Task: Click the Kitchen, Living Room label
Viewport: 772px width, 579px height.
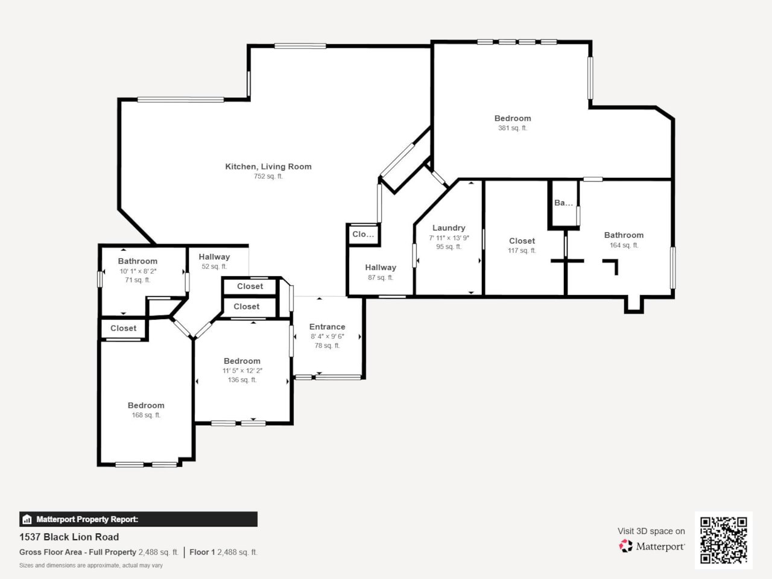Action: coord(268,166)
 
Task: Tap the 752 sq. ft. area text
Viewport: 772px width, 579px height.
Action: coord(268,177)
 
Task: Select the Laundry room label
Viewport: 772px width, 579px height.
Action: coord(449,228)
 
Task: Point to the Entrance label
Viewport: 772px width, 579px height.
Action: coord(327,327)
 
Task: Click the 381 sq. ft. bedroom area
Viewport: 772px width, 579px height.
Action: coord(512,128)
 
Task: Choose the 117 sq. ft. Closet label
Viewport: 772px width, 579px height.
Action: coord(522,241)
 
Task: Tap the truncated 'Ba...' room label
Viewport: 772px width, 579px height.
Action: coord(563,203)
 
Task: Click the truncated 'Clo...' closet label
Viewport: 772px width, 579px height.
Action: coord(363,235)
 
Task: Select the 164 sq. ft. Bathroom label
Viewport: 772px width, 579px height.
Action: coord(624,235)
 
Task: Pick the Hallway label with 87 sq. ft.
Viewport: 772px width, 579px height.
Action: coord(381,268)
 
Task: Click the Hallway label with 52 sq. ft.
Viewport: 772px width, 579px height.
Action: coord(214,257)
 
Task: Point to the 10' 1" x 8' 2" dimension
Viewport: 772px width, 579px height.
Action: coord(138,271)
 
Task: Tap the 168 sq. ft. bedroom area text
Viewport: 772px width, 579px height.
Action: coord(146,416)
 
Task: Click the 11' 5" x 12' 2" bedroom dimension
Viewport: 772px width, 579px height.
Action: coord(242,371)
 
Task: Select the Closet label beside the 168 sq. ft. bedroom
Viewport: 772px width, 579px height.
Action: coord(123,329)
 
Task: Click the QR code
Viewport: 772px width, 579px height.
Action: coord(723,540)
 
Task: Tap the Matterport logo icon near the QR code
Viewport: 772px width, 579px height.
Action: coord(625,546)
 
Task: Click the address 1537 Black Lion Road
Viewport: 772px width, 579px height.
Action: coord(69,537)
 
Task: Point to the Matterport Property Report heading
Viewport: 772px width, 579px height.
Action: coord(87,519)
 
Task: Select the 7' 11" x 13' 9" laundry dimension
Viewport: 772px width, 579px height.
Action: coord(449,238)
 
